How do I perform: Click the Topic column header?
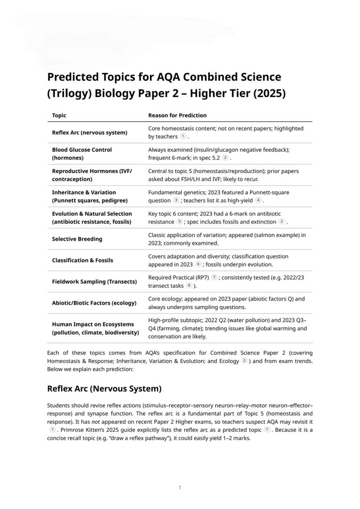59,115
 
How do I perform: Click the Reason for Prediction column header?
177,115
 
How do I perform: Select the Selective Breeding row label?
77,239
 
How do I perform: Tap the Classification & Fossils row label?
82,260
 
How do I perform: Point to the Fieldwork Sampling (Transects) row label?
94,282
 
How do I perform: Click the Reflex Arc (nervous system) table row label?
89,133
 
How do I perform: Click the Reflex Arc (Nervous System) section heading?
104,389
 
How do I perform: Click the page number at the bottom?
180,488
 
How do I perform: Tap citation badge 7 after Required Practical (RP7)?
214,277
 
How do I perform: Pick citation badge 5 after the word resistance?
179,222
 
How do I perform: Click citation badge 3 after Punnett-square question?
176,200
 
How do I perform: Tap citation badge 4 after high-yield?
259,200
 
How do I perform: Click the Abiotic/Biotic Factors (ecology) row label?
94,303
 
